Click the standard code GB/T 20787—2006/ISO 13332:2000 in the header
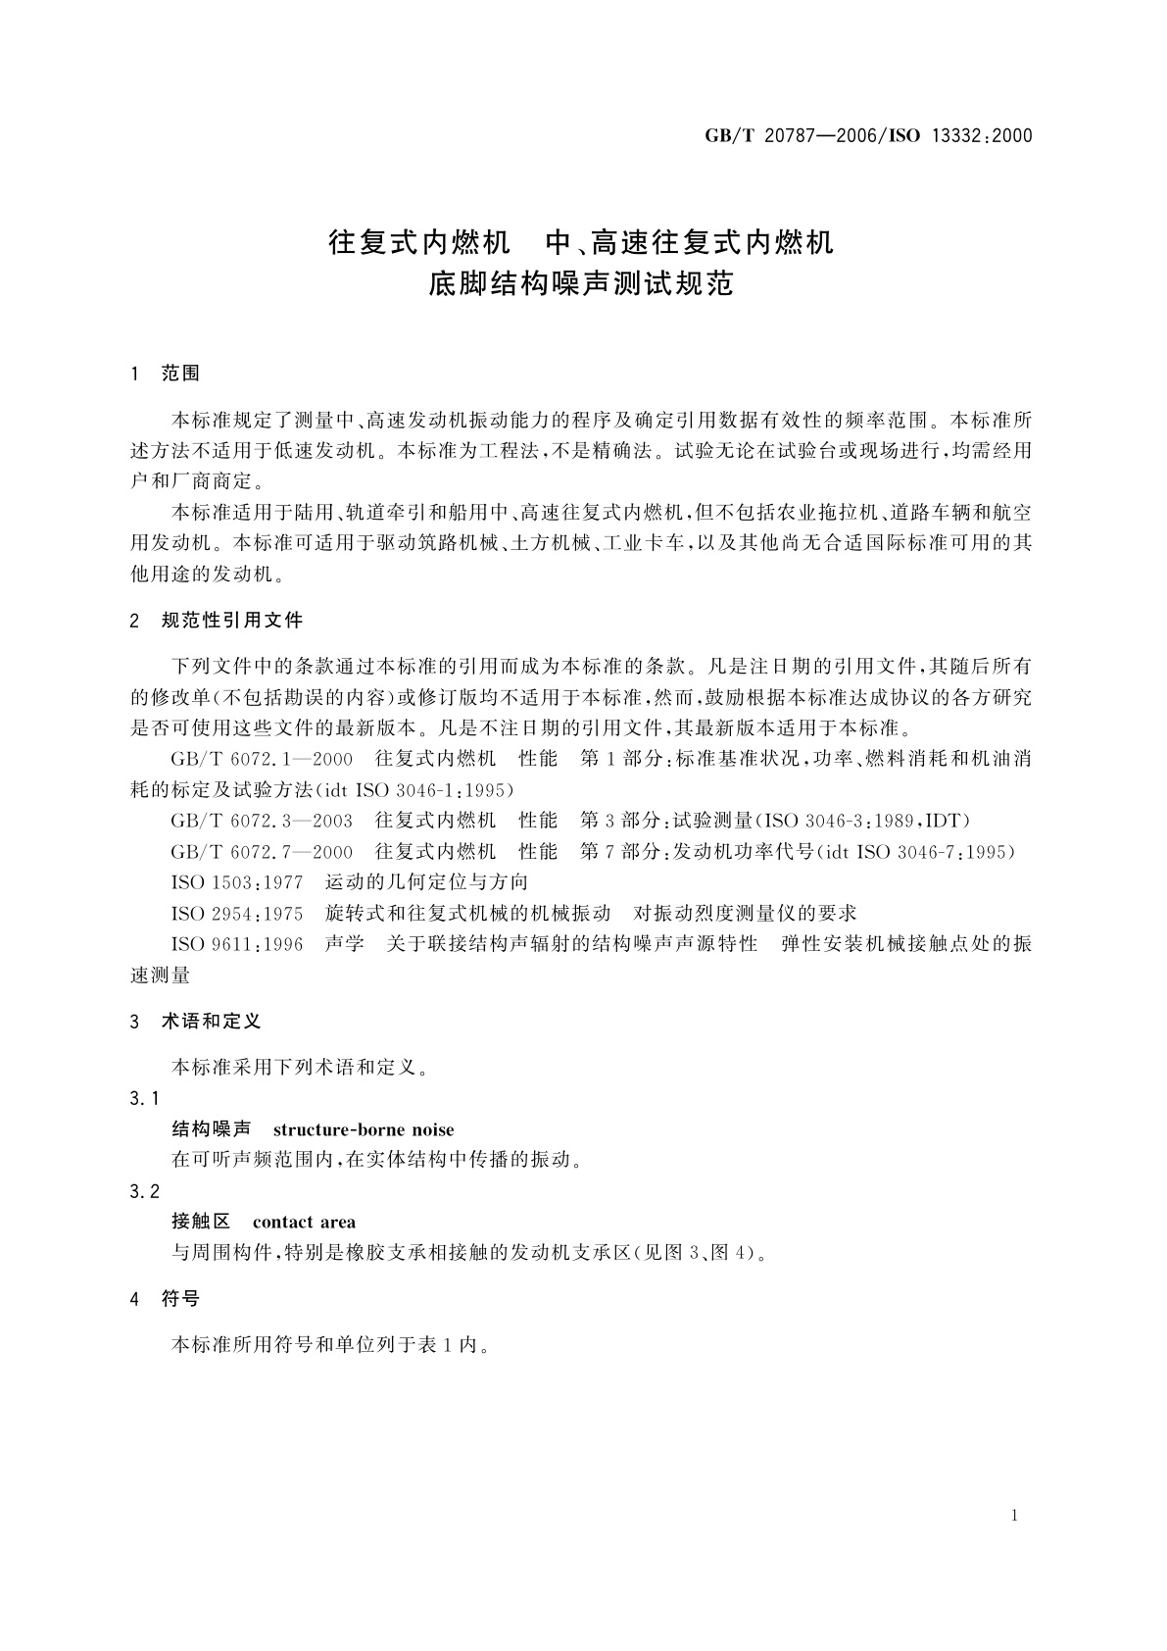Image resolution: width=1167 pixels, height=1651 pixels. [868, 136]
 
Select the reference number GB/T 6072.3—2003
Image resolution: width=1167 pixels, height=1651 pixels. [262, 821]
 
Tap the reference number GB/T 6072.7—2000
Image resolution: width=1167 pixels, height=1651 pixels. [262, 852]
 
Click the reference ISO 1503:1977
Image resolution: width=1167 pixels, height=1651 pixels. [237, 882]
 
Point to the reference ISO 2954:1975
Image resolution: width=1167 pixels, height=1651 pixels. [237, 914]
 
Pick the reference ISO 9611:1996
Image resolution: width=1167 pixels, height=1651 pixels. [237, 944]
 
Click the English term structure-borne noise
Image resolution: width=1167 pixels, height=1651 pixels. [364, 1130]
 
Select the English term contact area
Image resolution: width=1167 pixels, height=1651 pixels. [304, 1223]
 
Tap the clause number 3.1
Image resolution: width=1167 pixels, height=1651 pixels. [144, 1099]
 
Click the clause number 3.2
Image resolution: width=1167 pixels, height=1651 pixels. [144, 1191]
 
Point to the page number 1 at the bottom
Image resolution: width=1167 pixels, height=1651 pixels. [1014, 1516]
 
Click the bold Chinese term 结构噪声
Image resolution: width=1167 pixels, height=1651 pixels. [212, 1130]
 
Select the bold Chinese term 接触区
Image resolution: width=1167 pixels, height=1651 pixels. [201, 1223]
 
